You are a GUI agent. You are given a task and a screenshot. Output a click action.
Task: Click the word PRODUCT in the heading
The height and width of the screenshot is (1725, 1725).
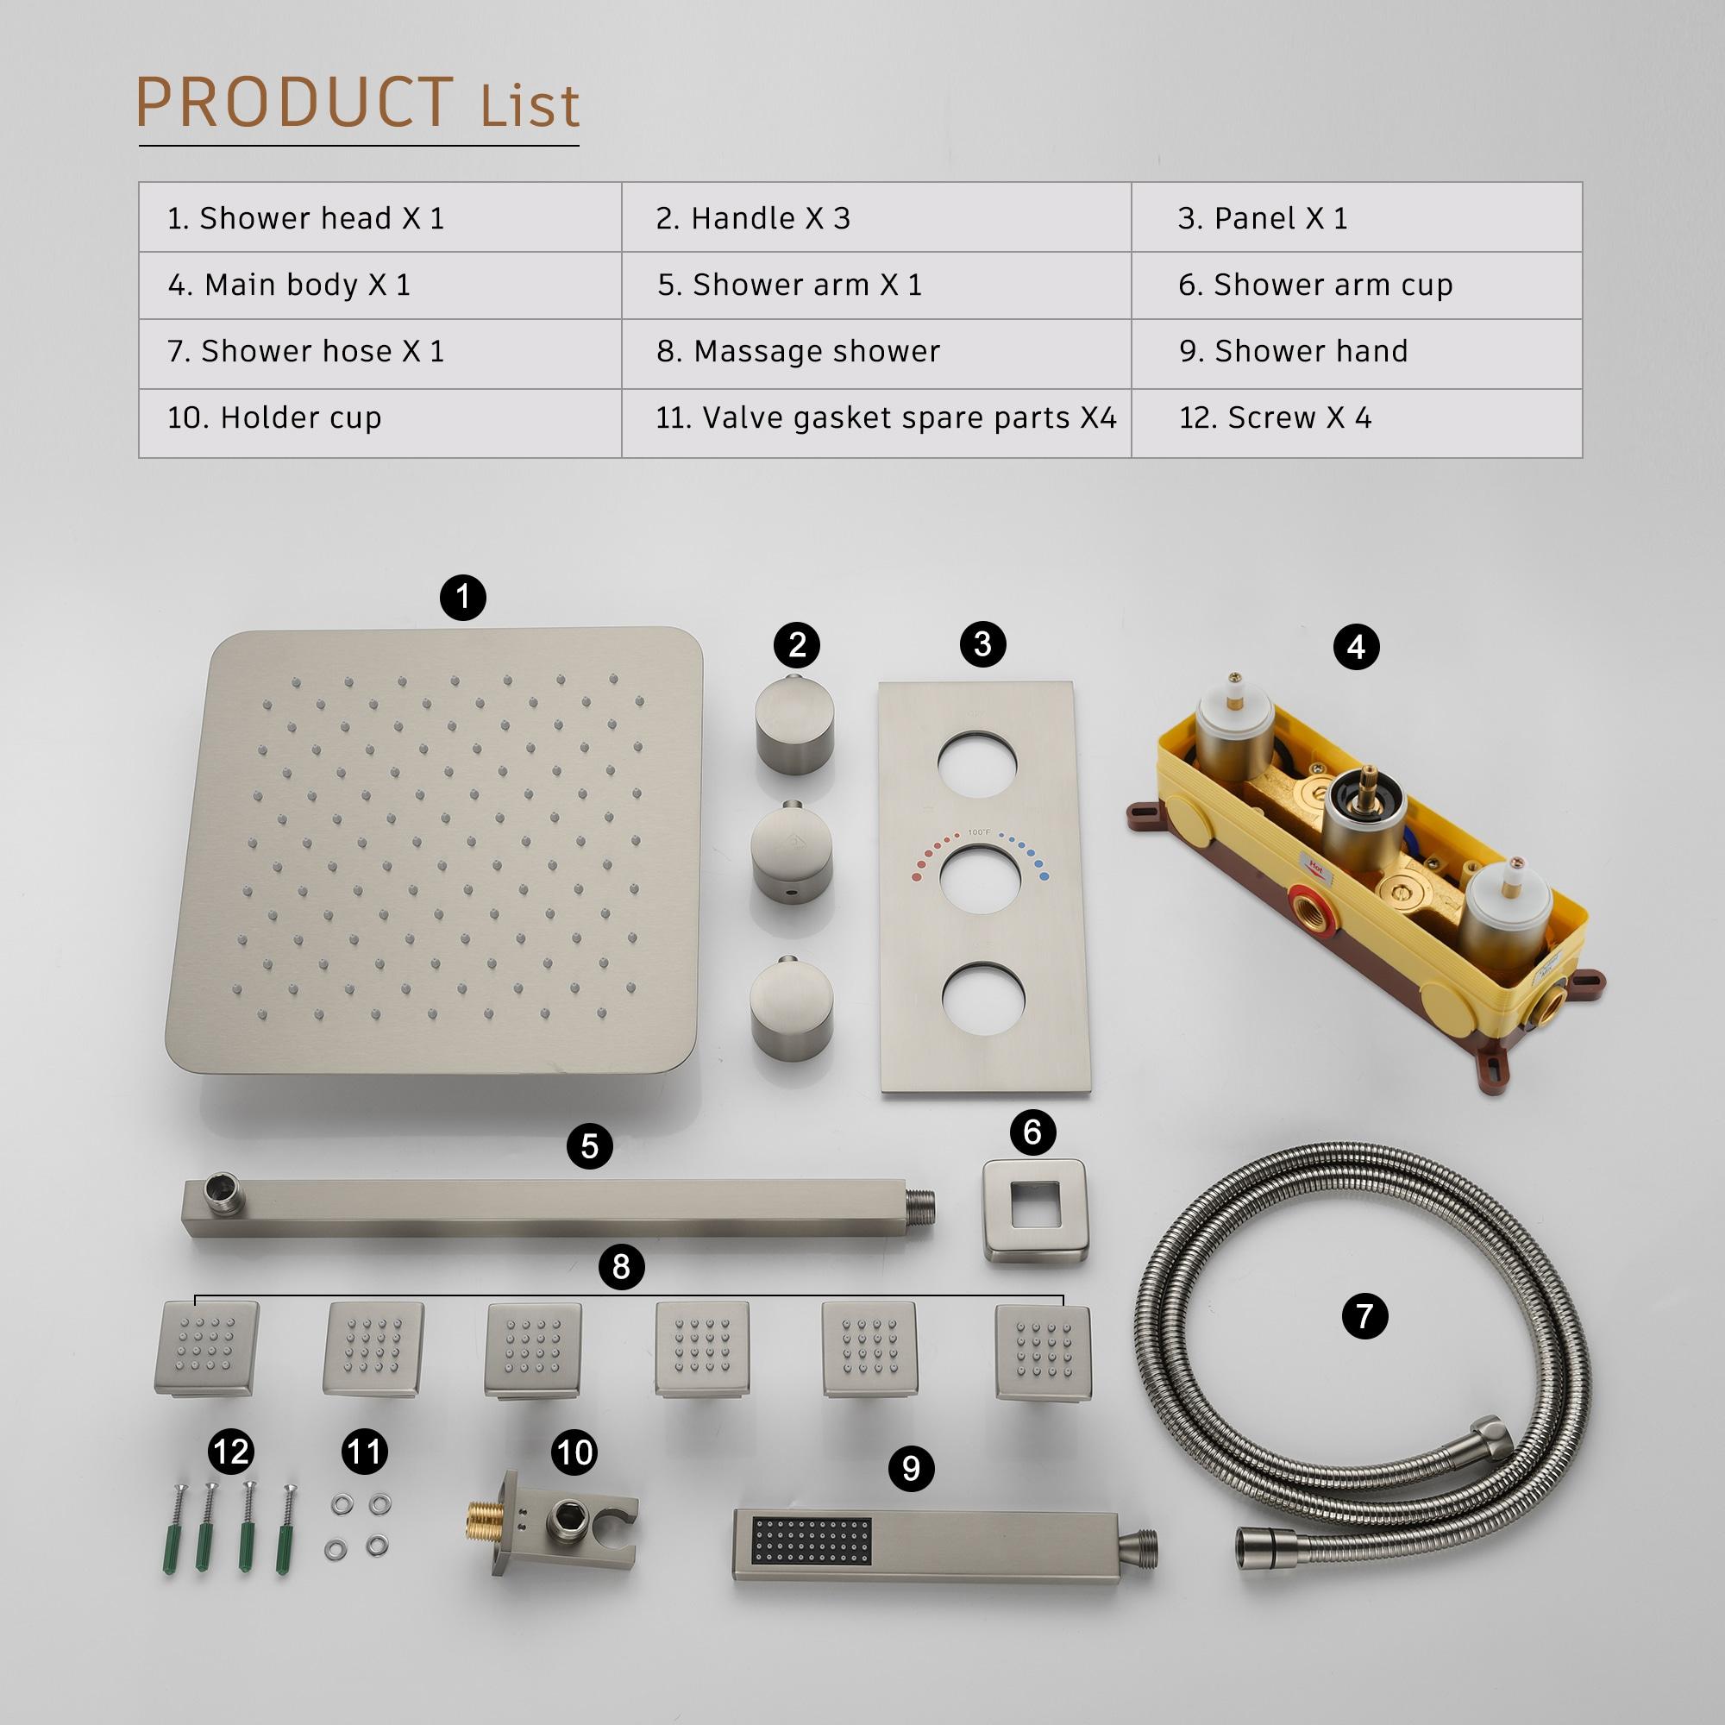(x=295, y=103)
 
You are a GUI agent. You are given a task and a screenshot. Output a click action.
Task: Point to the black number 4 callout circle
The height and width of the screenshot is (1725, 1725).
(x=1356, y=646)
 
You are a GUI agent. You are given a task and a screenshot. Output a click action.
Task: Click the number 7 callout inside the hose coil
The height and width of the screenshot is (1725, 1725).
(x=1364, y=1315)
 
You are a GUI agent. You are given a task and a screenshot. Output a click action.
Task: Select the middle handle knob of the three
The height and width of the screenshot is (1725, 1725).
(x=791, y=855)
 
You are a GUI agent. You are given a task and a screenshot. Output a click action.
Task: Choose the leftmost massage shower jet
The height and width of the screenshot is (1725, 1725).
(x=206, y=1348)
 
